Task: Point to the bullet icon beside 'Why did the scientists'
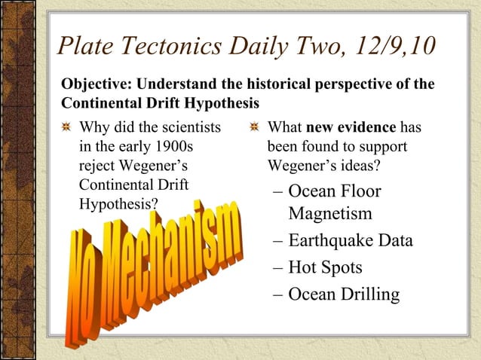pos(67,127)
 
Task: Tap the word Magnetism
pos(330,214)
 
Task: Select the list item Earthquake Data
pos(351,241)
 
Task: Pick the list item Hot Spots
pos(325,267)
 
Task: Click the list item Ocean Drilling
pos(344,294)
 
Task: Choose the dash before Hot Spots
pos(277,268)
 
